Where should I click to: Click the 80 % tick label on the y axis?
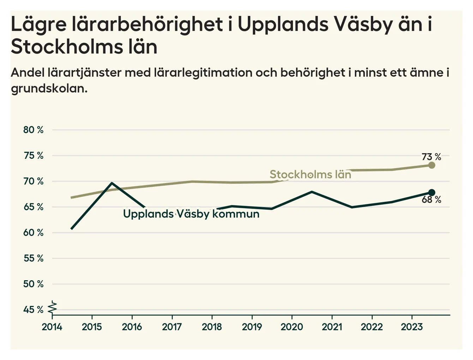[x=33, y=130]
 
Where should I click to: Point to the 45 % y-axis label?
[x=33, y=310]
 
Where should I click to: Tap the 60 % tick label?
[x=33, y=233]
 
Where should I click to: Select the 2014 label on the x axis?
[x=52, y=327]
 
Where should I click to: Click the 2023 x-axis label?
[x=412, y=327]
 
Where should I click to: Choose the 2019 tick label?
[x=252, y=327]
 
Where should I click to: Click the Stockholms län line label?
[x=310, y=174]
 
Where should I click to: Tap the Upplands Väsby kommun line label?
[x=191, y=214]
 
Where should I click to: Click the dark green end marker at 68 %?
[x=431, y=192]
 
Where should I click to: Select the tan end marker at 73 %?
[x=431, y=165]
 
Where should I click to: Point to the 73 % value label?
[x=431, y=157]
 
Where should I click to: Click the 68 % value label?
[x=431, y=200]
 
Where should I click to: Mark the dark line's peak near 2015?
[x=112, y=183]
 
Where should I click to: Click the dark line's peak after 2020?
[x=312, y=192]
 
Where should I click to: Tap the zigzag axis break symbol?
[x=53, y=307]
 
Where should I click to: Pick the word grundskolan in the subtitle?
[x=49, y=88]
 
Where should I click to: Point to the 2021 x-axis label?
[x=332, y=327]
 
